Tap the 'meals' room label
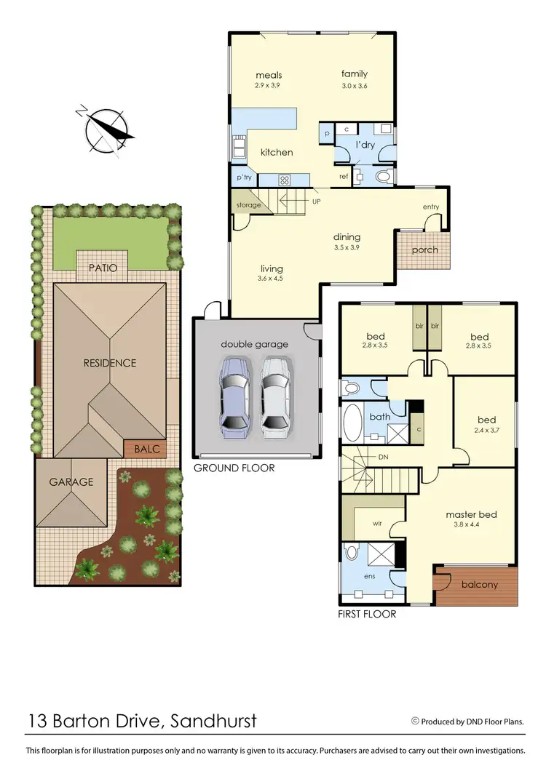(269, 75)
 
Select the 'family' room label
(355, 73)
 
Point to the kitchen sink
(238, 148)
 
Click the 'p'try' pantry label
(242, 177)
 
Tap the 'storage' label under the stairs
(248, 206)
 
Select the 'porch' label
(424, 250)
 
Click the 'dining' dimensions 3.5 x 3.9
(347, 247)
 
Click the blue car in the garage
(237, 396)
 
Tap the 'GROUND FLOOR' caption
(234, 468)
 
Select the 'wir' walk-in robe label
(378, 522)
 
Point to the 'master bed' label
(466, 515)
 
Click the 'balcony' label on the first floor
(480, 584)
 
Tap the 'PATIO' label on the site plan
(103, 268)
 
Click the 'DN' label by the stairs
(383, 458)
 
